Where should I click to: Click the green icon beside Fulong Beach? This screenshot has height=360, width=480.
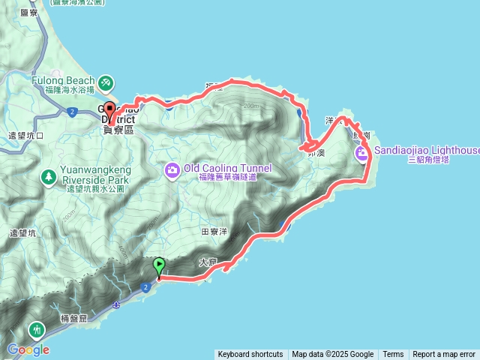[106, 80]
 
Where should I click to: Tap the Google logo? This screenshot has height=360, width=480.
[28, 349]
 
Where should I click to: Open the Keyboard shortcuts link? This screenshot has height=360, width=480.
[250, 355]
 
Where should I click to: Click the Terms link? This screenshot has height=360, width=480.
[393, 355]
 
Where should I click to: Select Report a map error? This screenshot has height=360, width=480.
[444, 355]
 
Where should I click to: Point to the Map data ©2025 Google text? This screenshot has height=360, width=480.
[332, 355]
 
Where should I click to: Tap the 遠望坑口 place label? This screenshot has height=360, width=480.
[25, 136]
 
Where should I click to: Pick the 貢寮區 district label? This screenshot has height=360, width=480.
[118, 130]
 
